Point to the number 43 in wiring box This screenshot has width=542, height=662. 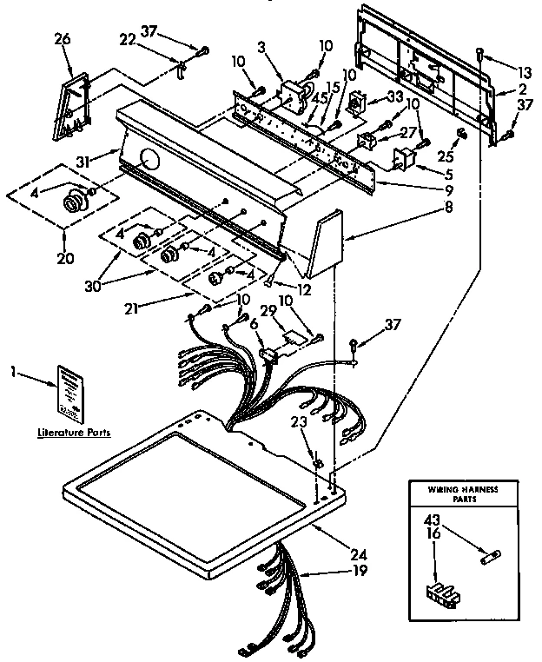(x=432, y=520)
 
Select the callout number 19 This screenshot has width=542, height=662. (x=359, y=571)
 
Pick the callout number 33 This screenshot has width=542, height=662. (x=394, y=96)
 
